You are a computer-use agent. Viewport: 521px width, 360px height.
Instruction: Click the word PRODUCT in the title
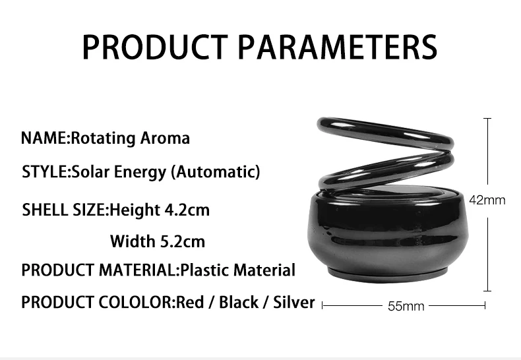coord(155,47)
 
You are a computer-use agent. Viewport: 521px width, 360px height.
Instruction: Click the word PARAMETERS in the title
coord(338,47)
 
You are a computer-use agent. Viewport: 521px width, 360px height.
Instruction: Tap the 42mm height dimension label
coord(487,200)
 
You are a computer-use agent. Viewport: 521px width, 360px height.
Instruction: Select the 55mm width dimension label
coord(406,306)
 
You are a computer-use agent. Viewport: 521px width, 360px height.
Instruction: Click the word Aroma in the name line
coord(165,138)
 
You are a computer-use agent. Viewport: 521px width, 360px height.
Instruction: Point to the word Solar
coord(90,171)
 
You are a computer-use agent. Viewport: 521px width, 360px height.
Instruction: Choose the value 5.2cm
coord(183,241)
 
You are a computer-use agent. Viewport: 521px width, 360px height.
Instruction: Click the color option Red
coord(190,302)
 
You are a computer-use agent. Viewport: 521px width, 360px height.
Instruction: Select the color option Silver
coord(293,302)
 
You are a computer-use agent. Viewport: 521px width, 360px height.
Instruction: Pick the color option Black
coord(239,302)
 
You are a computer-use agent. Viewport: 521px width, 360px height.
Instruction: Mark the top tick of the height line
coord(487,118)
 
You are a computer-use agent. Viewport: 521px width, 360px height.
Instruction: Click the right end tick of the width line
coord(485,305)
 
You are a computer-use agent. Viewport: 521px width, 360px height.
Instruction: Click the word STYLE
coord(45,171)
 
